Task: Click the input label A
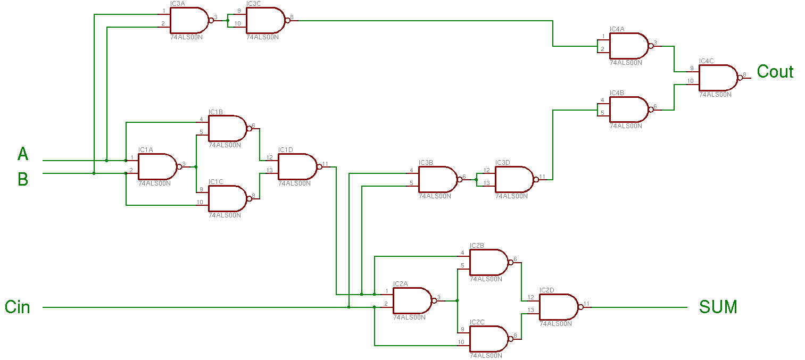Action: point(23,154)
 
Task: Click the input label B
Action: point(23,179)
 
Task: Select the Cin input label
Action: point(17,307)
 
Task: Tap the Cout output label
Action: point(775,71)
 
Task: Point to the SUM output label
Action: point(718,307)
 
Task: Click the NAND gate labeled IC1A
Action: point(158,167)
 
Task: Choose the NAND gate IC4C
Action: point(718,78)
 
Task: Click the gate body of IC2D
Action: point(559,307)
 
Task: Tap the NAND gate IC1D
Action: point(298,167)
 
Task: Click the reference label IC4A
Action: point(617,29)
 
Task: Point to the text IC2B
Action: point(477,246)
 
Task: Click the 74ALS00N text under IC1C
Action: point(225,215)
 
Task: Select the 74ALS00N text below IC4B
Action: point(626,125)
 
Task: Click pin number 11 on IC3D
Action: point(542,177)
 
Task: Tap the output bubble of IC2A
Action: point(434,301)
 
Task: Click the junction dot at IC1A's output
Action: point(196,167)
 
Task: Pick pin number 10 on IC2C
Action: point(461,342)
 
